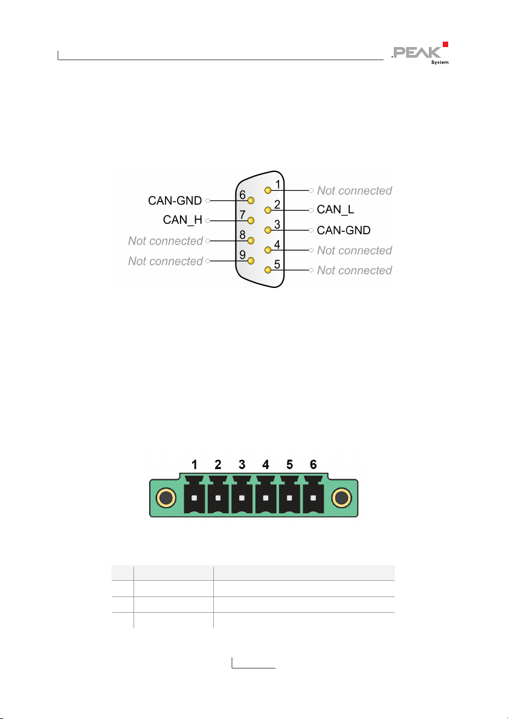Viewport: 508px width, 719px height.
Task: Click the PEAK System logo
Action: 421,53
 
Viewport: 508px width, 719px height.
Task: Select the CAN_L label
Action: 336,210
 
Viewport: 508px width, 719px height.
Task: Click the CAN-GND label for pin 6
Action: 175,200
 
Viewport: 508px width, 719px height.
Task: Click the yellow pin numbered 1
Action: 268,190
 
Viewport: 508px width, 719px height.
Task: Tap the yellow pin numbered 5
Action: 268,270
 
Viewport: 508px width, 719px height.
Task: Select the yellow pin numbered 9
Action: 251,260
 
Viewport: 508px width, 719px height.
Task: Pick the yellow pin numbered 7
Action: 251,220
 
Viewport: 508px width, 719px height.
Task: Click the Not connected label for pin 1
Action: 354,190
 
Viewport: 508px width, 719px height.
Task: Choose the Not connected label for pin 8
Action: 166,241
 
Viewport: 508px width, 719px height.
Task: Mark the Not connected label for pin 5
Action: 354,270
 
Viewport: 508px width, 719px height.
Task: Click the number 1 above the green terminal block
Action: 195,465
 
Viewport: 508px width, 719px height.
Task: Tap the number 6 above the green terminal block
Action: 313,465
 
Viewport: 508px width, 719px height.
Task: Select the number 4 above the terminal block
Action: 266,465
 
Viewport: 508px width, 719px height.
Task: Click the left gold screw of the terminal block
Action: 166,499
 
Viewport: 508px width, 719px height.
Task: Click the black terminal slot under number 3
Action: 242,498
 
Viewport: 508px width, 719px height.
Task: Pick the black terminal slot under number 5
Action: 289,498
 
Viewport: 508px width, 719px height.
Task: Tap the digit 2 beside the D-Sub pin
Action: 277,204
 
